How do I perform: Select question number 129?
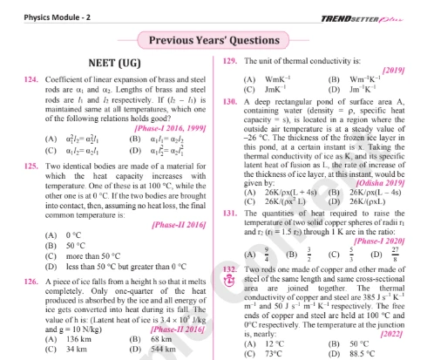coord(231,61)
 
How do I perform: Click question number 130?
coord(231,101)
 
